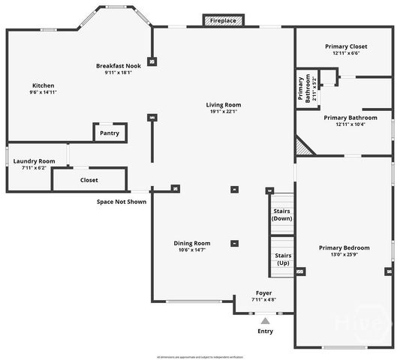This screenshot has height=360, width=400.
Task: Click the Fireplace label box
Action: point(223,20)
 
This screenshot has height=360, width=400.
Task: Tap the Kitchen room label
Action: point(43,85)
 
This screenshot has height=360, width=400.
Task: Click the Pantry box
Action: point(110,133)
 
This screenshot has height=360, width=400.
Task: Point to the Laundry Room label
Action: point(35,160)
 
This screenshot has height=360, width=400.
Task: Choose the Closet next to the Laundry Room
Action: point(89,180)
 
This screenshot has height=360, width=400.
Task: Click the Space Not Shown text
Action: point(121,201)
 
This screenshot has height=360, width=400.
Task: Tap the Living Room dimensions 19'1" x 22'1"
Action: point(223,112)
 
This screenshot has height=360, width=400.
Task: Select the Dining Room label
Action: point(192,243)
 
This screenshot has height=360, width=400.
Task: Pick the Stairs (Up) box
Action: point(282,259)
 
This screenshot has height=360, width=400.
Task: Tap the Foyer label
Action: point(263,292)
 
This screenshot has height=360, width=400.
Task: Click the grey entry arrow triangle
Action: point(265,320)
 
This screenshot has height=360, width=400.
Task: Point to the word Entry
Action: point(266,331)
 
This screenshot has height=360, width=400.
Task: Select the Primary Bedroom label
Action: point(344,247)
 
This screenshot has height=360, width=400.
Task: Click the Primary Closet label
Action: point(346,46)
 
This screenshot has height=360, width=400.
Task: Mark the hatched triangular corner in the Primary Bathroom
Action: point(303,146)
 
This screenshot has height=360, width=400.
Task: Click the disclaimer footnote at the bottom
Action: point(200,355)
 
